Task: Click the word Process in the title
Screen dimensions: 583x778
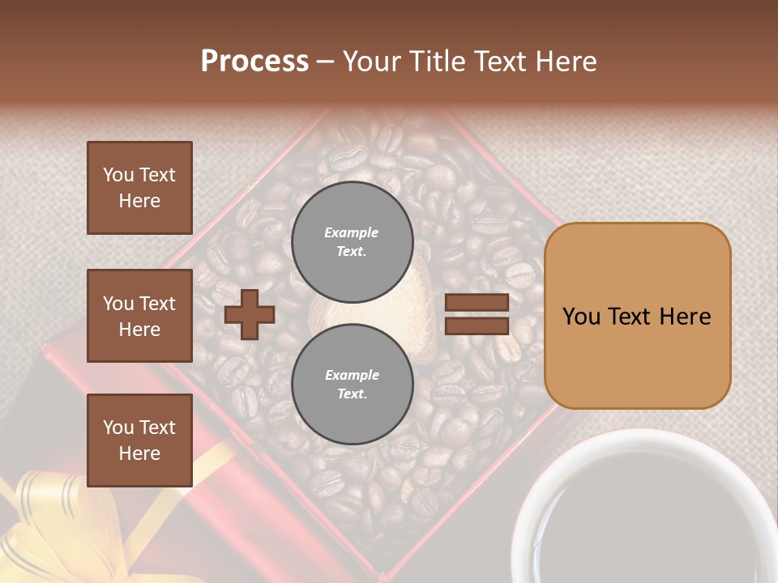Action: coord(254,62)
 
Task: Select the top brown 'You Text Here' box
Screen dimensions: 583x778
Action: coord(139,188)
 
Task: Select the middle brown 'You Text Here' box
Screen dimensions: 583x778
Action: coord(139,316)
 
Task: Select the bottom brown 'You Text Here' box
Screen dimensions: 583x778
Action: coord(139,440)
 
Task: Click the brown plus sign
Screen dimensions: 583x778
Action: coord(250,315)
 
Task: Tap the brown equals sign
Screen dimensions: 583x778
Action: coord(477,314)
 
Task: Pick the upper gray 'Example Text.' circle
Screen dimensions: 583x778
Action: coord(352,241)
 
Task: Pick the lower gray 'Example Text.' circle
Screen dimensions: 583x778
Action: coord(352,384)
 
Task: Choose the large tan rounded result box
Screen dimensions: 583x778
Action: coord(637,316)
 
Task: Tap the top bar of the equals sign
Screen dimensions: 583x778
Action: coord(477,303)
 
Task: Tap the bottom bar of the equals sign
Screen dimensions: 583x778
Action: coord(477,326)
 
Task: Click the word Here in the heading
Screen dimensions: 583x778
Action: coord(566,62)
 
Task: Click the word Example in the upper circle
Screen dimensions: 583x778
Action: coord(351,232)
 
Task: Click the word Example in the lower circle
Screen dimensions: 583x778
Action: coord(352,375)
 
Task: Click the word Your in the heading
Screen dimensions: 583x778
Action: coord(373,62)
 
